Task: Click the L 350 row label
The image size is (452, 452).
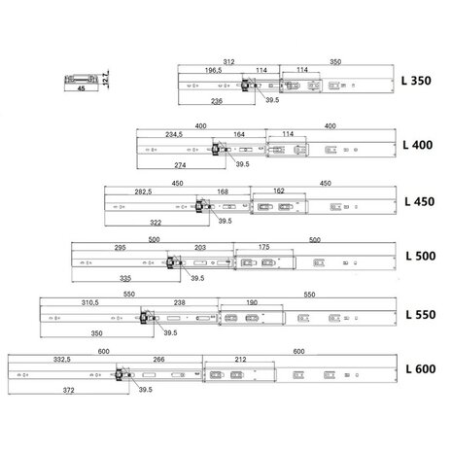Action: pos(416,81)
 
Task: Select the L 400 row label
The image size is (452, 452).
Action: pos(418,145)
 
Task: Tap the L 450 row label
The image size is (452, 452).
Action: pos(420,201)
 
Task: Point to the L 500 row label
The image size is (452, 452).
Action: pos(421,256)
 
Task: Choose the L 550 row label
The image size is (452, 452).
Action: pos(421,314)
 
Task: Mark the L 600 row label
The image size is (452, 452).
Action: pos(421,368)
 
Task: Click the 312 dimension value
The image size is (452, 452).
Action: pos(228,61)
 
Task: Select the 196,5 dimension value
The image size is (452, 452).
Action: pos(213,70)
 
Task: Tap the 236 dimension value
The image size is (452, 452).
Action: pos(217,101)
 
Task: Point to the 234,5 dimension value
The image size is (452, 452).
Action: pos(174,134)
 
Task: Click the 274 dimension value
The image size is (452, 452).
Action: pos(180,165)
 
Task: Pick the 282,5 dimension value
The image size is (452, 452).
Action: pos(143,191)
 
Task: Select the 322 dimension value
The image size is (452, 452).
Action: pos(156,223)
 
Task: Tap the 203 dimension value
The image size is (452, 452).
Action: pos(200,248)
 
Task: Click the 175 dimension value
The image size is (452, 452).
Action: pos(263,247)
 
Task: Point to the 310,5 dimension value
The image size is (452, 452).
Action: pos(89,302)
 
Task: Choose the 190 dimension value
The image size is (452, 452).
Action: pos(252,302)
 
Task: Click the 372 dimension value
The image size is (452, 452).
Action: pos(68,390)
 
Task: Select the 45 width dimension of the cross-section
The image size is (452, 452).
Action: pos(81,88)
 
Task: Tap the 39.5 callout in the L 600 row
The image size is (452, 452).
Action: pos(146,390)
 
